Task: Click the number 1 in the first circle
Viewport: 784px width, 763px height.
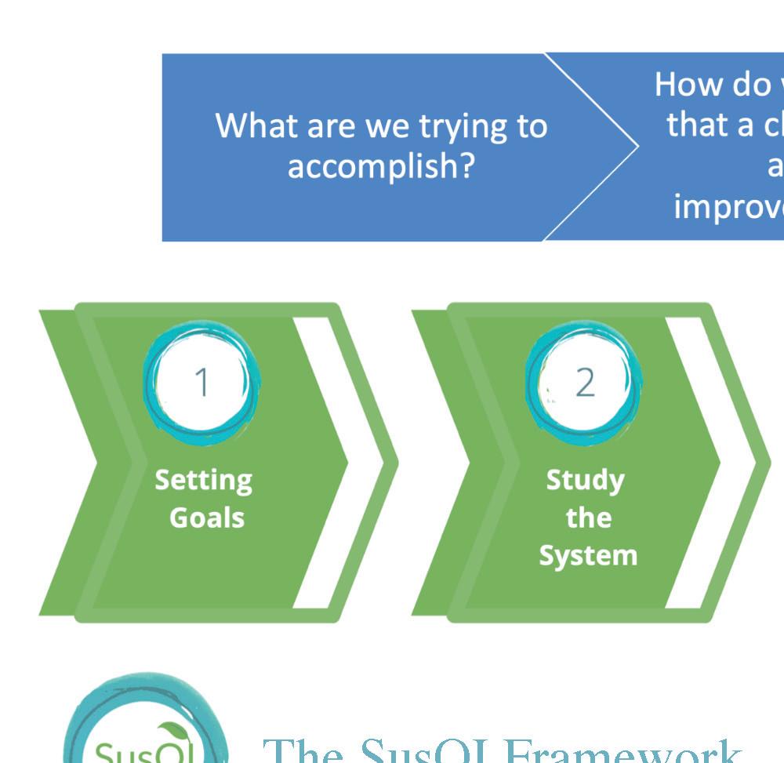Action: [x=202, y=382]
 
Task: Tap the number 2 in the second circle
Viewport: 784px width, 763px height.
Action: [x=585, y=382]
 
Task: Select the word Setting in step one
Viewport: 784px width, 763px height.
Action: [x=203, y=479]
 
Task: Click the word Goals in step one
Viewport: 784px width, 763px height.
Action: [x=207, y=518]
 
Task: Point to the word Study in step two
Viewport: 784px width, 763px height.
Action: [x=585, y=479]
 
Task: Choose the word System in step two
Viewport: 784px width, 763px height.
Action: [x=588, y=555]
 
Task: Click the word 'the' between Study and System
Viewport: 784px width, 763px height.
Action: [x=588, y=518]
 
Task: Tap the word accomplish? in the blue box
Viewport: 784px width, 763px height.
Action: [x=381, y=165]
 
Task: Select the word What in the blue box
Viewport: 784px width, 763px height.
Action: [x=256, y=125]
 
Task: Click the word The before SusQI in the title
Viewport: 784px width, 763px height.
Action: [x=302, y=751]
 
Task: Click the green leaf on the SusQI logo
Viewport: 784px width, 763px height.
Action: [x=171, y=734]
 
